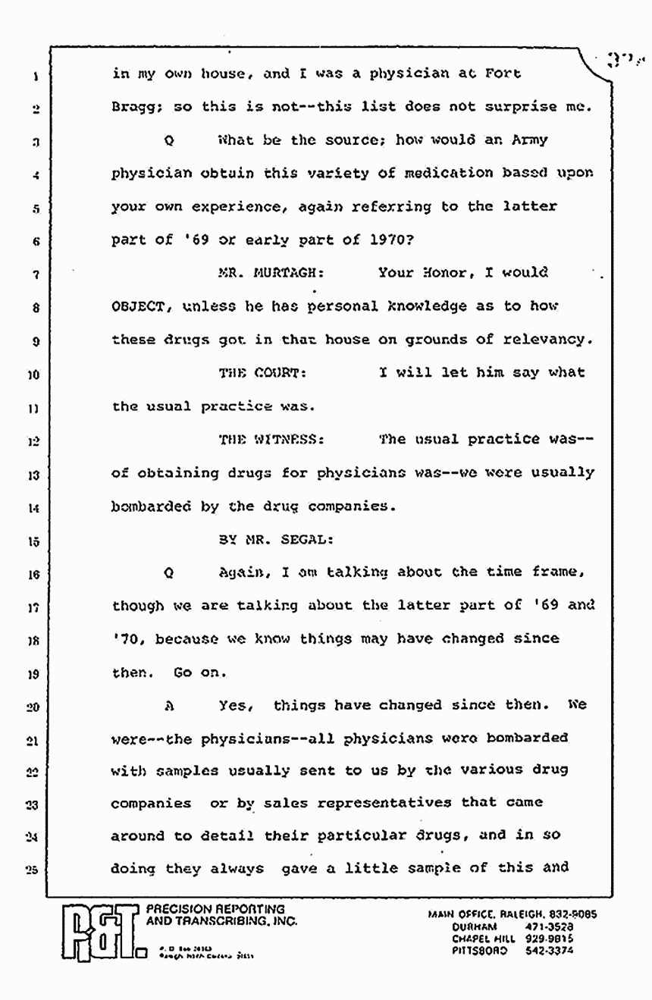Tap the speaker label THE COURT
click(x=262, y=372)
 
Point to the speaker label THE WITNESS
click(x=270, y=440)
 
